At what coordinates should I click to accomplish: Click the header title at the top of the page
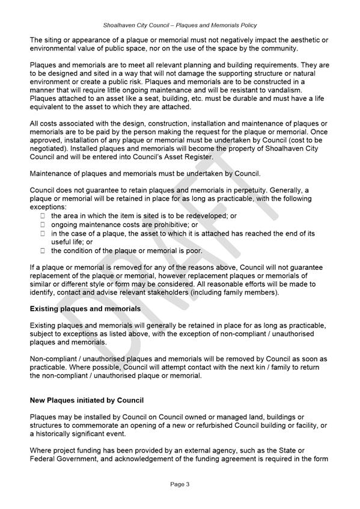[x=180, y=25]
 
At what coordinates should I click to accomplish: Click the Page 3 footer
[x=180, y=483]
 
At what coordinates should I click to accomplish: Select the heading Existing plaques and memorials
[x=85, y=309]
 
